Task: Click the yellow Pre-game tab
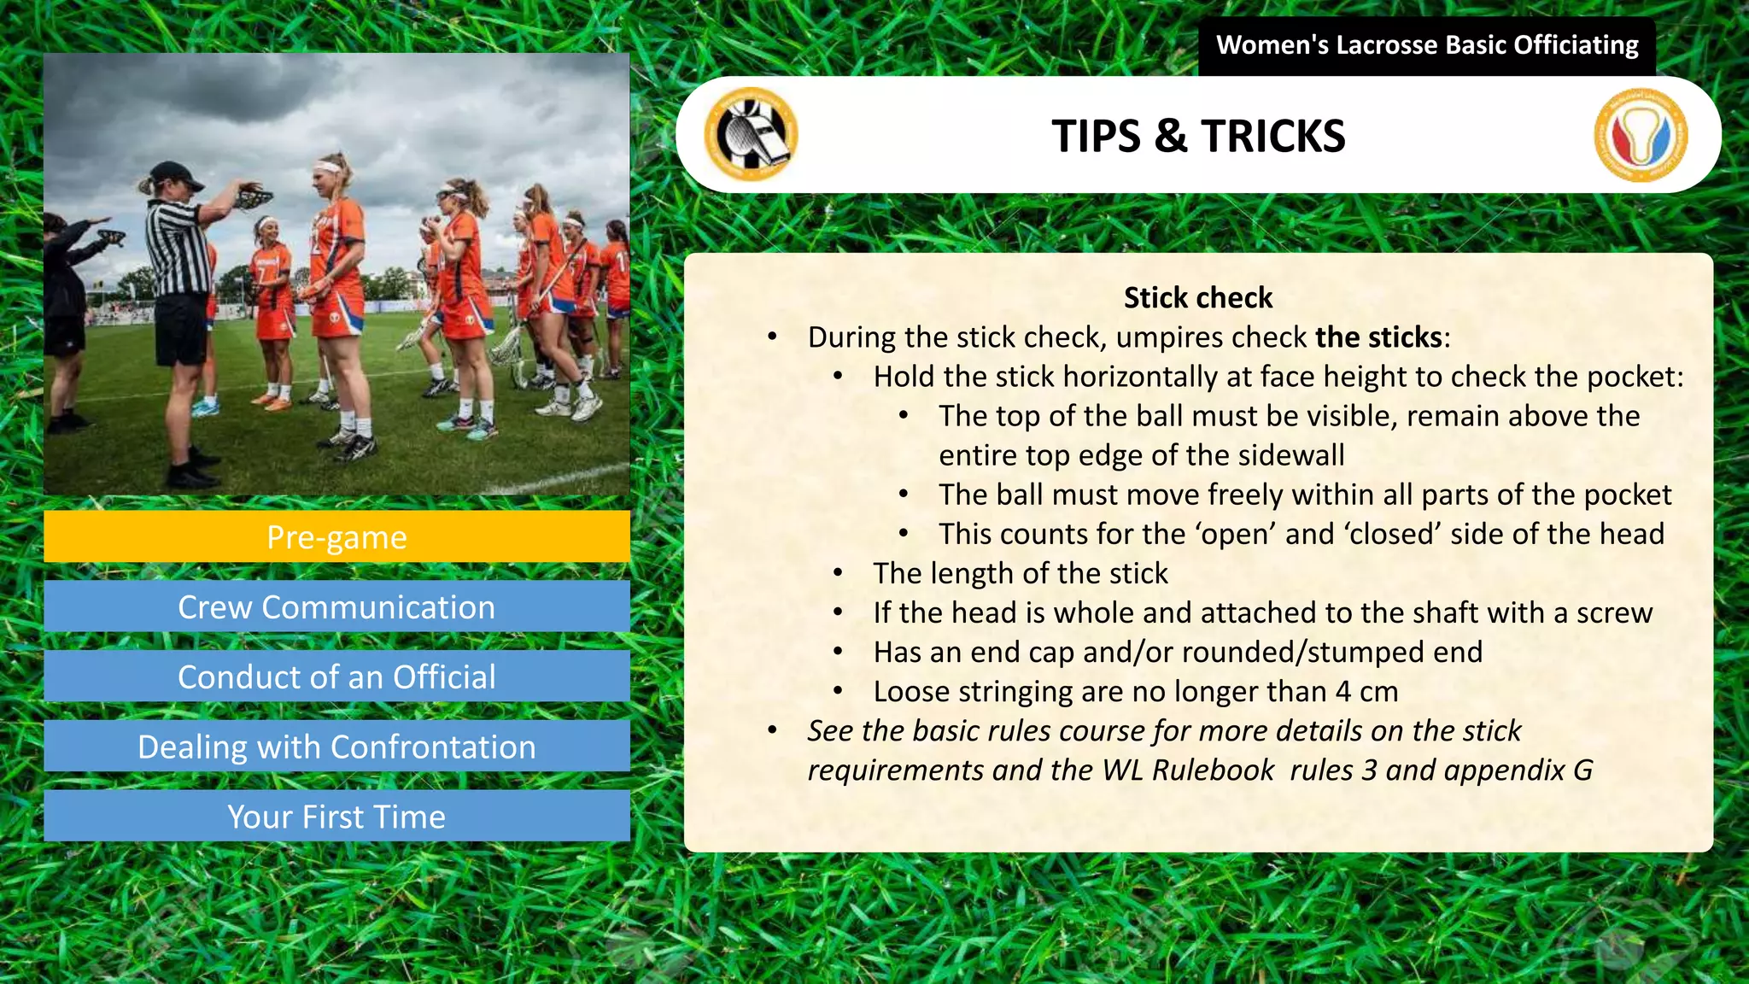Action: [336, 537]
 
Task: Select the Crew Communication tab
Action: [336, 607]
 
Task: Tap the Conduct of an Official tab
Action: [336, 677]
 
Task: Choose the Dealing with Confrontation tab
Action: [336, 747]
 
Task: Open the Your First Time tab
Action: [336, 817]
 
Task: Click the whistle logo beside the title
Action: [751, 134]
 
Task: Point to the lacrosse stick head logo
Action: [1640, 135]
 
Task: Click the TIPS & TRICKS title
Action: [1198, 136]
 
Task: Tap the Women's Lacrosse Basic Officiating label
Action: [1426, 45]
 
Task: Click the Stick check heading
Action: [1198, 298]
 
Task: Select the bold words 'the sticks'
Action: [1378, 337]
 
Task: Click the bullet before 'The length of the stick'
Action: [839, 573]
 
